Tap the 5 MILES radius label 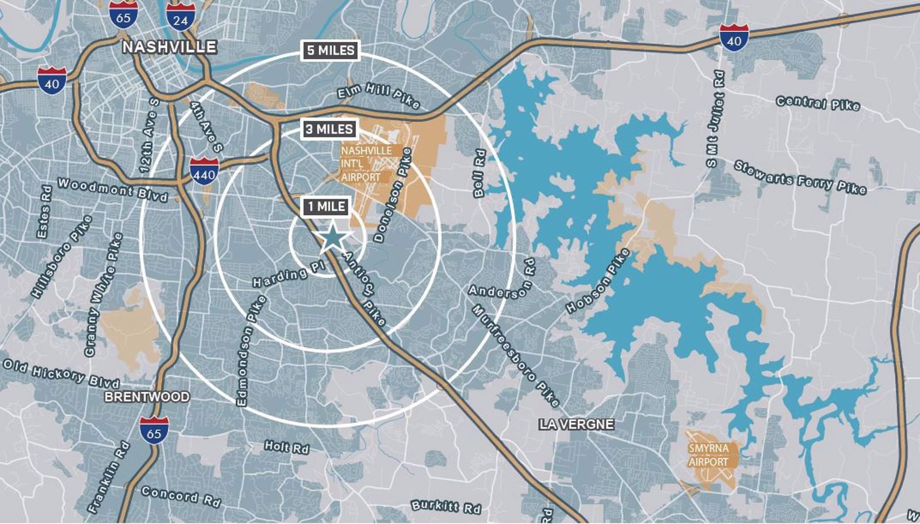pos(331,50)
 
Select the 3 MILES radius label pos(329,129)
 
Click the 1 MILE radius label pos(327,206)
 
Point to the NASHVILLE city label pos(169,47)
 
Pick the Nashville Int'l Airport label pos(366,164)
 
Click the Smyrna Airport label pos(708,455)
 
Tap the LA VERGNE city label pos(576,424)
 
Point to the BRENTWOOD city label pos(147,397)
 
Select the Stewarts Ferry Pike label pos(800,177)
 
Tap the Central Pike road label pos(818,104)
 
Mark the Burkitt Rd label pos(446,506)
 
